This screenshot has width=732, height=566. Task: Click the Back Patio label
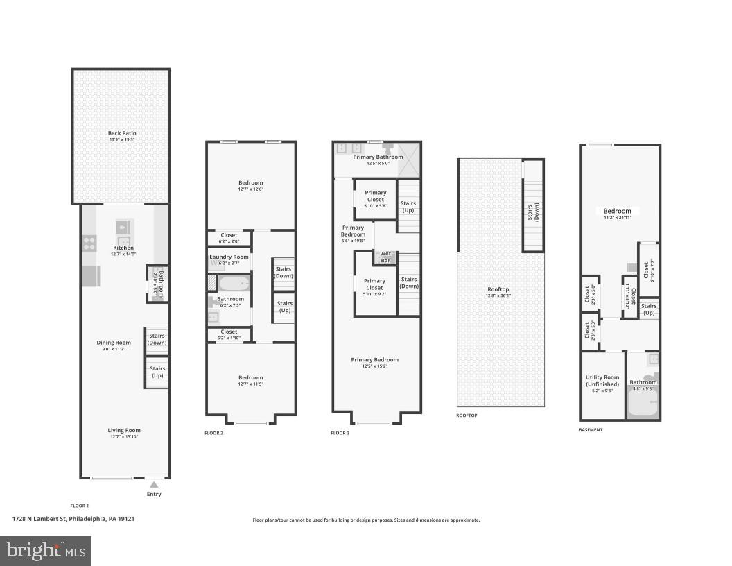[122, 133]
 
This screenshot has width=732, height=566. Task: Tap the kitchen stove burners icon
[90, 243]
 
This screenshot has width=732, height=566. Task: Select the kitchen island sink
[123, 227]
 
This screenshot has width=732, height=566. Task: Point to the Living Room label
[123, 430]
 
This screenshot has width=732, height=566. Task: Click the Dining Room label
[114, 342]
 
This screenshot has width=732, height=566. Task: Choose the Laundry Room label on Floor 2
[229, 257]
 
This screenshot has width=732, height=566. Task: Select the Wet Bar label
[385, 257]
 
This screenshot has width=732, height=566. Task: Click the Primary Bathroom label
[378, 157]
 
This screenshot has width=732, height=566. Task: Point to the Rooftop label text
[498, 289]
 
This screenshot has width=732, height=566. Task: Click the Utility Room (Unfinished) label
[602, 381]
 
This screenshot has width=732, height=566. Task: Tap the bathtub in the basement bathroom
[642, 402]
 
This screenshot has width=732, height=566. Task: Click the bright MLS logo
[46, 551]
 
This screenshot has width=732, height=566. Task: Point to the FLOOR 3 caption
[340, 433]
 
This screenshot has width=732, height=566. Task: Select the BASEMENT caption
[591, 430]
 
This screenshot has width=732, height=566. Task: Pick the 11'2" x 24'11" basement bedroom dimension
[617, 218]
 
